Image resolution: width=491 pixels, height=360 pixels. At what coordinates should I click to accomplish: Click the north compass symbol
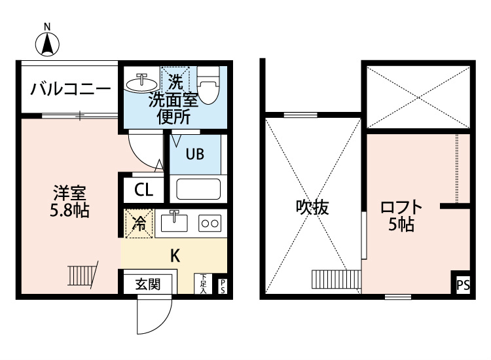[x=47, y=43]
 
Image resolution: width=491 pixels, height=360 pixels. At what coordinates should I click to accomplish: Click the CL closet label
[x=143, y=190]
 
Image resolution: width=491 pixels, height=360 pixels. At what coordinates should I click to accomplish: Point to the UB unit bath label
[x=194, y=154]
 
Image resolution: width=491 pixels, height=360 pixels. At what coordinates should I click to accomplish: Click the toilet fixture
[x=209, y=85]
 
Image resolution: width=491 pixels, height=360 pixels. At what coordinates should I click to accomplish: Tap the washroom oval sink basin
[x=140, y=83]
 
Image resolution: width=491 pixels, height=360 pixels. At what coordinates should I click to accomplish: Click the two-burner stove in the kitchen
[x=209, y=223]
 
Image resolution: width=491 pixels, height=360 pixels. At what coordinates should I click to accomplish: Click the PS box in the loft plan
[x=463, y=285]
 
